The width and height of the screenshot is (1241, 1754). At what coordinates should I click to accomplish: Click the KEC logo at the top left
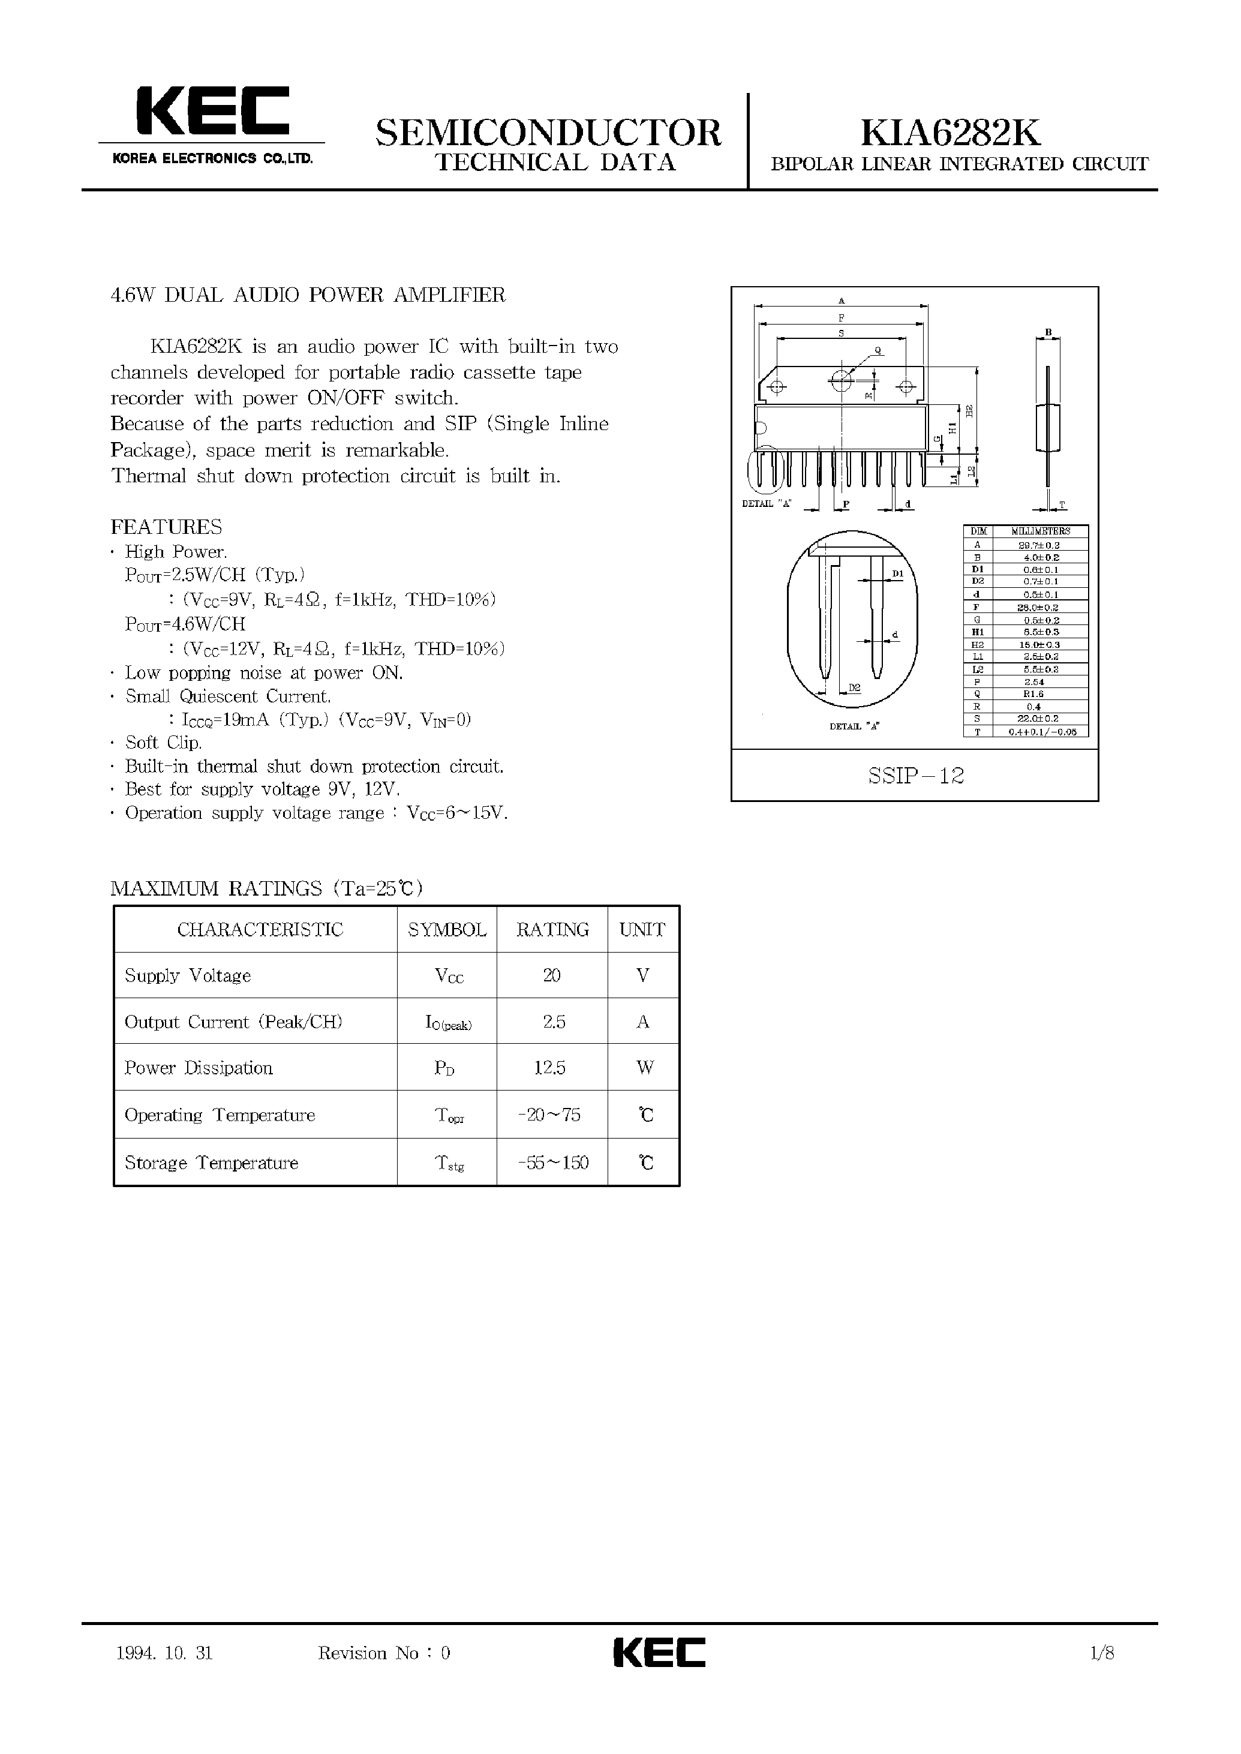tap(212, 112)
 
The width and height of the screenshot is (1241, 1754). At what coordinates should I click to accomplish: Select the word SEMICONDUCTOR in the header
tap(548, 132)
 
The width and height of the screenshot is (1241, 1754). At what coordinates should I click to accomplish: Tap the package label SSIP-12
tap(915, 776)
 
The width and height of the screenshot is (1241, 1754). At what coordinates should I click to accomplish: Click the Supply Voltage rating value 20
tap(552, 975)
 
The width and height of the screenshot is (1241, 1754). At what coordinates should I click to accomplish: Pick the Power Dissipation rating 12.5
tap(549, 1068)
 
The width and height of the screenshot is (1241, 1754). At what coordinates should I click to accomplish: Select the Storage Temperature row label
tap(211, 1163)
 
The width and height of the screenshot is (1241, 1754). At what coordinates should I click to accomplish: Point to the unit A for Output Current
tap(642, 1022)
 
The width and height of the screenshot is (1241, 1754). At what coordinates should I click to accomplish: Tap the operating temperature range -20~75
tap(549, 1115)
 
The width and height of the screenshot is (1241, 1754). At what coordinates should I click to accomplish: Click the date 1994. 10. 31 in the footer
tap(164, 1653)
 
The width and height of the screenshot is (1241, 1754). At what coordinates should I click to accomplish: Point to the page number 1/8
tap(1102, 1653)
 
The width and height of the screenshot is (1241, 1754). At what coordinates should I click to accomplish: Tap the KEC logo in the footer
tap(659, 1653)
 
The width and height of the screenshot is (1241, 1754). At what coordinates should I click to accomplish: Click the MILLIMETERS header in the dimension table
tap(1040, 531)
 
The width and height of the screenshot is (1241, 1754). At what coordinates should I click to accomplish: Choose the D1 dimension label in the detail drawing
tap(898, 573)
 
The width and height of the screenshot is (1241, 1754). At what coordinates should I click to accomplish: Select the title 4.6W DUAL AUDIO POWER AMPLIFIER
tap(308, 295)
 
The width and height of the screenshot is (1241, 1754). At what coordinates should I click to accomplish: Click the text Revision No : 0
tap(384, 1653)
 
